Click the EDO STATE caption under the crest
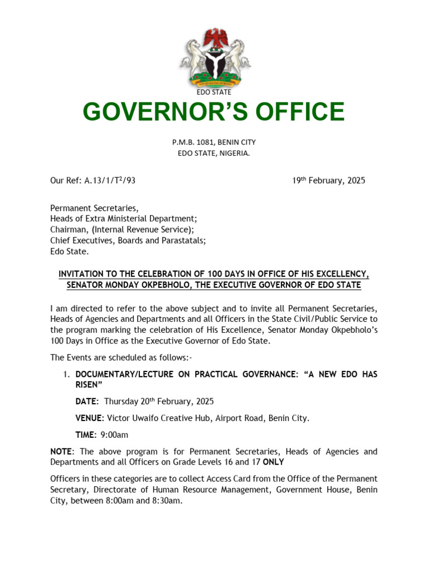[214, 92]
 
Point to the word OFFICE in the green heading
[297, 112]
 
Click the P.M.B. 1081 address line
[214, 142]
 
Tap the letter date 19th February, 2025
[329, 180]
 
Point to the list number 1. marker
[65, 374]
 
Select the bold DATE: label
[87, 401]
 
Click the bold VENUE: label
[90, 418]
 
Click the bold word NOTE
[61, 451]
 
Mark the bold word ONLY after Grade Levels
[273, 462]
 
